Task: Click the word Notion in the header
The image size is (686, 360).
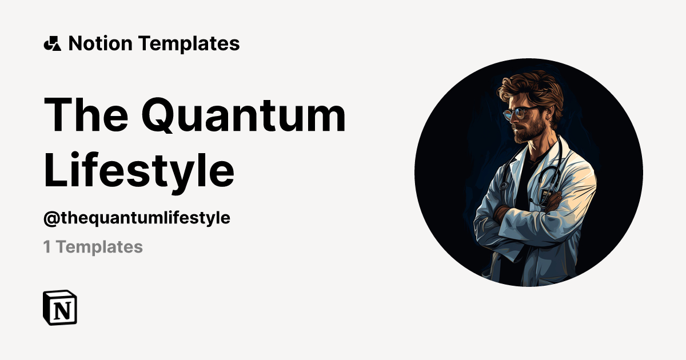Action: [x=101, y=43]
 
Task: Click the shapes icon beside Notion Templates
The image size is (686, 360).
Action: [x=52, y=43]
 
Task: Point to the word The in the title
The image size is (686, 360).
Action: [x=86, y=115]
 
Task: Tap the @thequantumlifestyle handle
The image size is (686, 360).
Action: [x=137, y=218]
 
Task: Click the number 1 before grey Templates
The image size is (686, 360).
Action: [x=47, y=247]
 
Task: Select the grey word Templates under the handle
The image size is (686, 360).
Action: [x=99, y=247]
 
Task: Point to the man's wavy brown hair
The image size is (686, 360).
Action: [x=529, y=89]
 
